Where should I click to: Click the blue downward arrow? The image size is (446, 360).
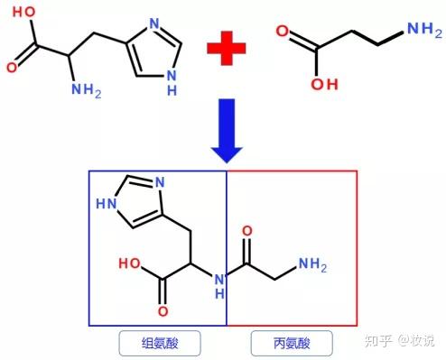tap(224, 130)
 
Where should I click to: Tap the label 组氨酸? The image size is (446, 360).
tap(159, 343)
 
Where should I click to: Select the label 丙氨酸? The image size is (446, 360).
tap(290, 343)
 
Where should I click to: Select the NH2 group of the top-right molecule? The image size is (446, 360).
tap(418, 30)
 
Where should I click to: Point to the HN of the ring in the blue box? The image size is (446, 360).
tap(107, 203)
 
